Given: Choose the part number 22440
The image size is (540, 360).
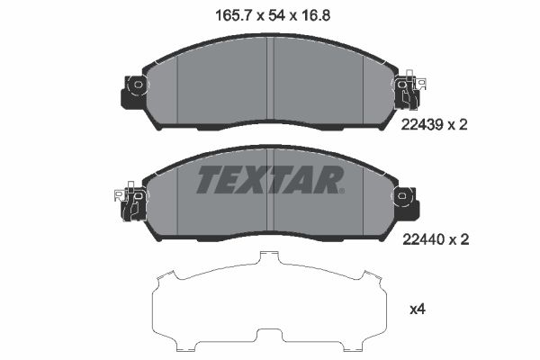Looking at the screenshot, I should click(421, 240).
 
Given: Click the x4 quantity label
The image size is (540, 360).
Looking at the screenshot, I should click(417, 310).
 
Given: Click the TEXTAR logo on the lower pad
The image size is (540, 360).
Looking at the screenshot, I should click(269, 179).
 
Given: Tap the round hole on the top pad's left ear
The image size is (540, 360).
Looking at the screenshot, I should click(136, 86).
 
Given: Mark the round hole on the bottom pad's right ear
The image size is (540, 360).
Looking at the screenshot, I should click(403, 193).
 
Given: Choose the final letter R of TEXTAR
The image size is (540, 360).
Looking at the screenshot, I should click(327, 179).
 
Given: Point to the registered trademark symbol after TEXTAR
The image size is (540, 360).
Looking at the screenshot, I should click(341, 190).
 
